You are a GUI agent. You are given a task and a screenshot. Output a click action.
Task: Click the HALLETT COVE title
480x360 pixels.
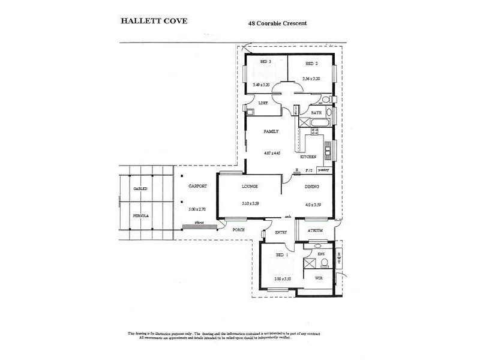[155, 20]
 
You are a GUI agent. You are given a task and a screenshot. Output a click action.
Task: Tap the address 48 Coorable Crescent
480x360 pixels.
[281, 24]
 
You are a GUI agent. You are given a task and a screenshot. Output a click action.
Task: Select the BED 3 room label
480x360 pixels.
[266, 62]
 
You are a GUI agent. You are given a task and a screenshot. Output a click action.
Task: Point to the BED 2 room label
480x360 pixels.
[311, 62]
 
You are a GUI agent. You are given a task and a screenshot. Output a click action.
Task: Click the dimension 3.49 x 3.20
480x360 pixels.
[262, 85]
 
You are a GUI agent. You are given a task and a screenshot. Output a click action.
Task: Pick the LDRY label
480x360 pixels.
[262, 103]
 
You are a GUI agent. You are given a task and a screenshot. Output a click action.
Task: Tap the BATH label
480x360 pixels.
[316, 112]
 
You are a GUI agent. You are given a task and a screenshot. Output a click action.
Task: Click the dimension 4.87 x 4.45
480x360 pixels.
[272, 153]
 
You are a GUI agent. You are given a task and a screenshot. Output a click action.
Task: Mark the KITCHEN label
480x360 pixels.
[308, 157]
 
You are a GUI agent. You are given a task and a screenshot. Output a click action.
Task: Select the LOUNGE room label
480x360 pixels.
[250, 187]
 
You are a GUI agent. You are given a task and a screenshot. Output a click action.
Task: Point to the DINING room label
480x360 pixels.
[311, 187]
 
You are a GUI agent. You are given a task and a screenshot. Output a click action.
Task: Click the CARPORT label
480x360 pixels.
[197, 187]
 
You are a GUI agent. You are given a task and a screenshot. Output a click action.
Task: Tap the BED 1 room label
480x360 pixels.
[283, 256]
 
